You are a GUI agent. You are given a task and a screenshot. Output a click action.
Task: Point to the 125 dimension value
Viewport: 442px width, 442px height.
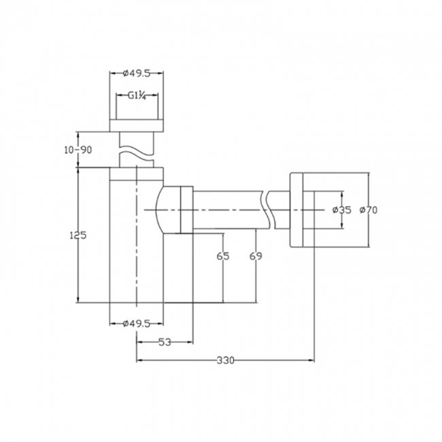(78, 235)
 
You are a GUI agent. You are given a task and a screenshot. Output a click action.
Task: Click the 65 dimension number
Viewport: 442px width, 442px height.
(222, 256)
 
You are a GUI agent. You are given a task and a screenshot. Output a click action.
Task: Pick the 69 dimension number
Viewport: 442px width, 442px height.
(255, 256)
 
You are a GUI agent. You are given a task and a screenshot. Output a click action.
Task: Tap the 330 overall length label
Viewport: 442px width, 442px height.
(225, 360)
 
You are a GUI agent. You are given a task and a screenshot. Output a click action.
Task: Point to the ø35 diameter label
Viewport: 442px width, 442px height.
(341, 210)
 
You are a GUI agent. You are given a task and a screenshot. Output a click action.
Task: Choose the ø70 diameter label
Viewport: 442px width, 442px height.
(368, 210)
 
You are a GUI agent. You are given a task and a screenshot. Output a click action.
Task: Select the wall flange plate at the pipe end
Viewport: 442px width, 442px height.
(296, 210)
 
